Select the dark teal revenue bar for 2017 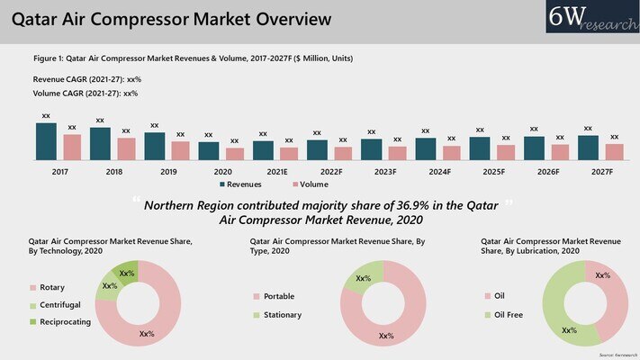click(x=46, y=141)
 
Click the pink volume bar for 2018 click(x=126, y=148)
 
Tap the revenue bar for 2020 click(x=208, y=150)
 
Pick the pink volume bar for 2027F click(x=614, y=151)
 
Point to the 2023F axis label click(x=384, y=171)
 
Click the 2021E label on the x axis click(x=276, y=171)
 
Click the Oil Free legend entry click(x=509, y=315)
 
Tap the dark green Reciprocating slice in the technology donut click(x=128, y=271)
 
